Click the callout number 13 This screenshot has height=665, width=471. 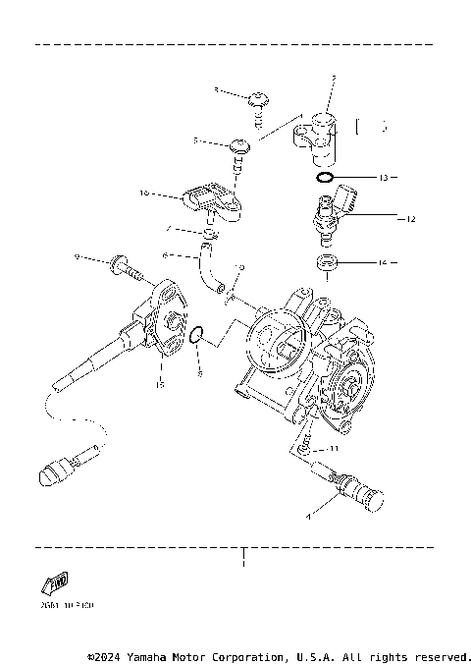(x=384, y=178)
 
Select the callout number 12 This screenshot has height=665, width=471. (x=411, y=218)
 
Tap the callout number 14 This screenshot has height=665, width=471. (x=384, y=262)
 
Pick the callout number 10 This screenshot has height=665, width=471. (x=144, y=194)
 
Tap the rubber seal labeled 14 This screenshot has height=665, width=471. (x=326, y=262)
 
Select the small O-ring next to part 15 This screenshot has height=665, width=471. (x=195, y=336)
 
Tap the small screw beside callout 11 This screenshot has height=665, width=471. (x=308, y=445)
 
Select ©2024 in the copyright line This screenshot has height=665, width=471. (x=107, y=655)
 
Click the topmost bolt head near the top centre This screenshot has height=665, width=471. (x=259, y=98)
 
